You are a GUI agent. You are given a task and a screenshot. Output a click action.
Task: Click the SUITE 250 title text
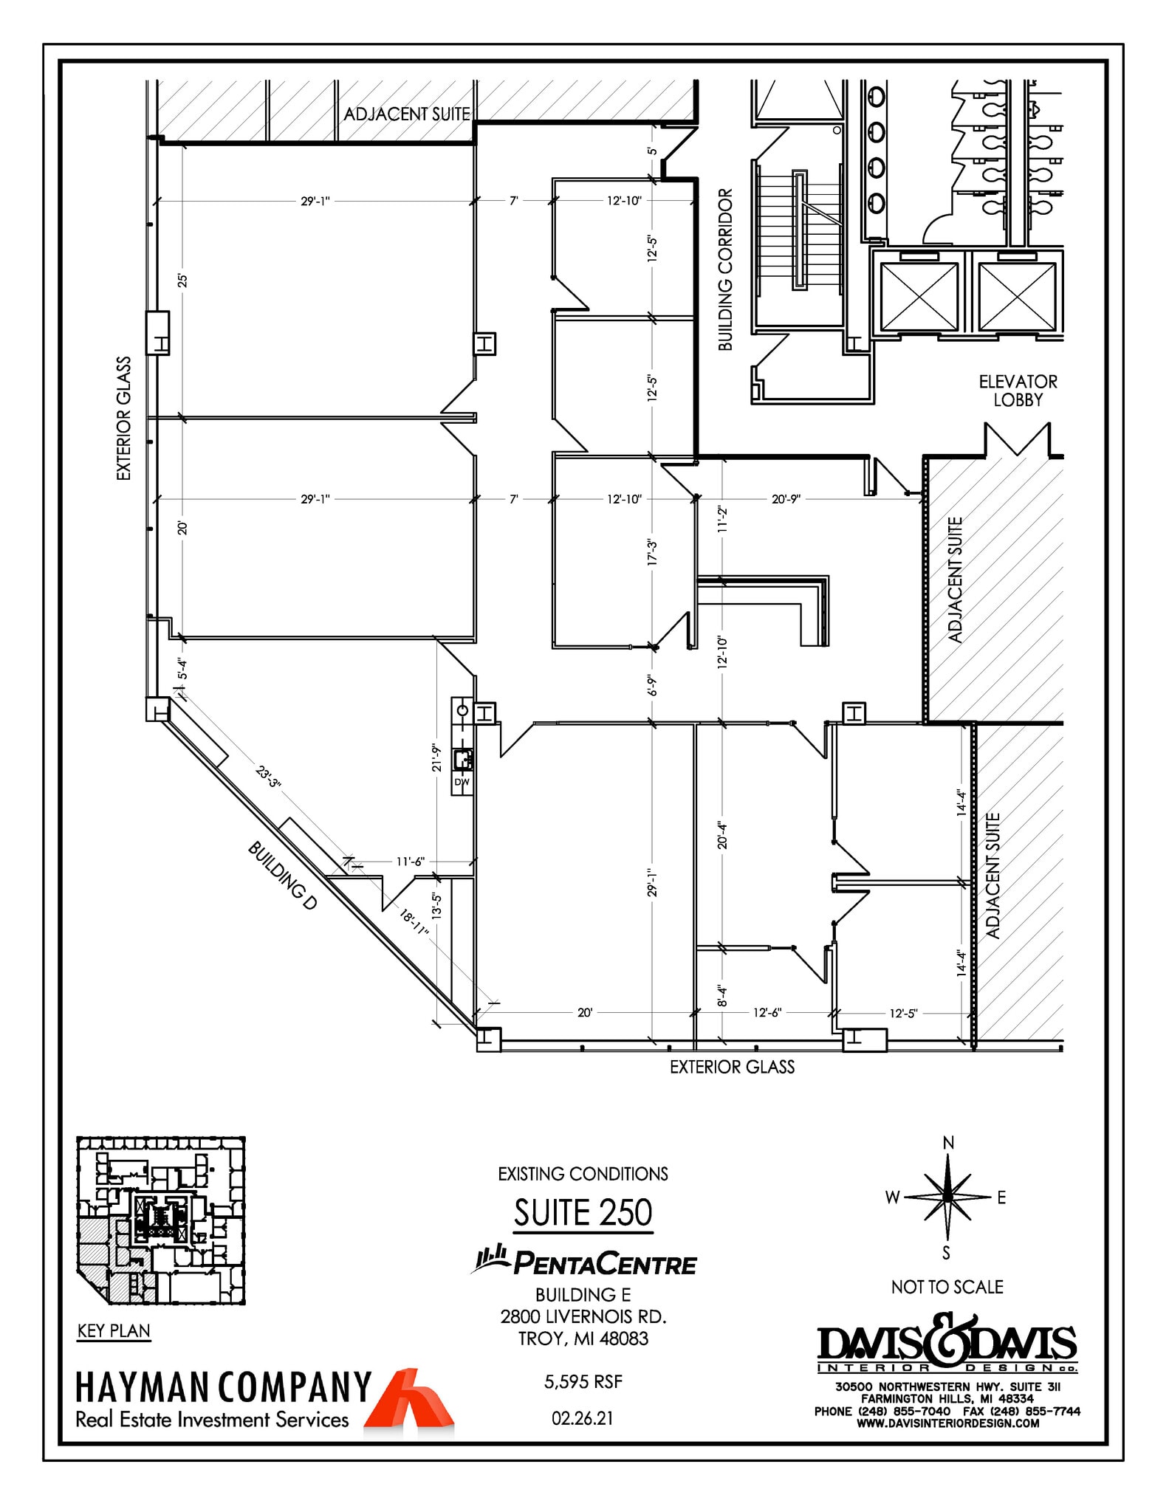click(583, 1212)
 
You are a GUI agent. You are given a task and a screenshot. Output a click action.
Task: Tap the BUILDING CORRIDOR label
click(725, 269)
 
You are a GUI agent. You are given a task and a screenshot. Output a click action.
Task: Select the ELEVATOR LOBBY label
click(1018, 391)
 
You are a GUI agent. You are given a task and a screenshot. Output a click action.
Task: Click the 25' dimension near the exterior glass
click(182, 281)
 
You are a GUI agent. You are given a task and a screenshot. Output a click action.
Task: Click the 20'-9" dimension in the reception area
click(786, 499)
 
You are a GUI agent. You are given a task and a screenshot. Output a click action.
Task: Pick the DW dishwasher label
click(462, 782)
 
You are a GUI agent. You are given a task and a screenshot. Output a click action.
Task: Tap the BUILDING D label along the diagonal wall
click(282, 876)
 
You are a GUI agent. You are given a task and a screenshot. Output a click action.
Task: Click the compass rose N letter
click(948, 1143)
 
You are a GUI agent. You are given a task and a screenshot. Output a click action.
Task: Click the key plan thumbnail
click(161, 1220)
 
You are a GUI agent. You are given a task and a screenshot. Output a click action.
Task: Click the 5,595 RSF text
click(583, 1381)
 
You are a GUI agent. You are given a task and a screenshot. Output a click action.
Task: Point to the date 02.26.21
click(583, 1418)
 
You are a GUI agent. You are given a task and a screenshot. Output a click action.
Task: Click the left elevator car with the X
click(919, 297)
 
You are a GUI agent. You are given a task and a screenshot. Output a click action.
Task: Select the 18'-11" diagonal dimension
click(414, 922)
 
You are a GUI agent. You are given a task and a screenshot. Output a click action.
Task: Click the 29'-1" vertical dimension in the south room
click(652, 883)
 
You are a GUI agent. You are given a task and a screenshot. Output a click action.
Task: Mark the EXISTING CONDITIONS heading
click(583, 1174)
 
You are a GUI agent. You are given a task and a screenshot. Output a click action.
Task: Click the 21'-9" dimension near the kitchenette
click(437, 757)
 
